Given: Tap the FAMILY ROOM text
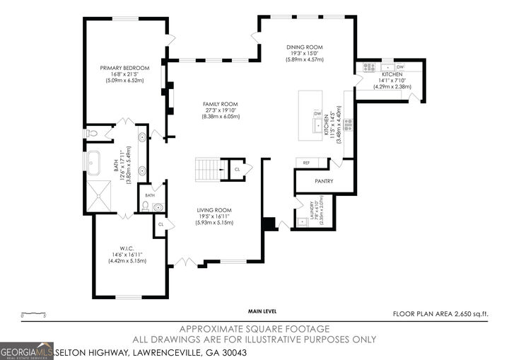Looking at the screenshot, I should pyautogui.click(x=221, y=103).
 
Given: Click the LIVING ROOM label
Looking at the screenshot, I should pyautogui.click(x=214, y=210).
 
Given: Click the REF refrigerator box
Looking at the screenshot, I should pyautogui.click(x=308, y=163).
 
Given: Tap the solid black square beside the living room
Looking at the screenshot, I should pyautogui.click(x=269, y=223).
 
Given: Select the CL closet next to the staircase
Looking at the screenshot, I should pyautogui.click(x=238, y=169).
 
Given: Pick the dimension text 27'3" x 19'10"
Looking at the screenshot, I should pyautogui.click(x=221, y=110).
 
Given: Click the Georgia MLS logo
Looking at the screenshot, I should pyautogui.click(x=27, y=351).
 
